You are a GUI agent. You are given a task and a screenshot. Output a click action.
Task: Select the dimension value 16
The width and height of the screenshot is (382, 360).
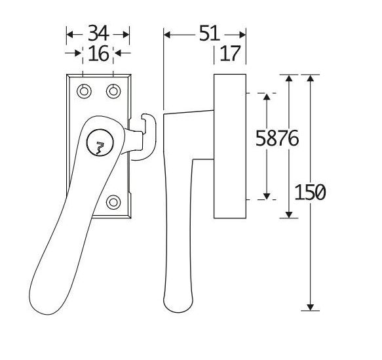coord(98,54)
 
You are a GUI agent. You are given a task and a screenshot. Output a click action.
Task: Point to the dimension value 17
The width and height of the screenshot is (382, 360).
coord(230,54)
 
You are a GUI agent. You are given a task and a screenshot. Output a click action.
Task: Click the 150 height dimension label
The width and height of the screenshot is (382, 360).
coord(310,193)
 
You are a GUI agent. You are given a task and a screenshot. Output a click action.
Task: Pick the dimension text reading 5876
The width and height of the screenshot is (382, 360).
coord(277,139)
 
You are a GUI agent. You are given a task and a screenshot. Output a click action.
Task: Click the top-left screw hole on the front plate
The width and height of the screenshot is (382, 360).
coord(84,90)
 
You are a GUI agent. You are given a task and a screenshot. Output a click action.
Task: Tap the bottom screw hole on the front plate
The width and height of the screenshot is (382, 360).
coord(113,202)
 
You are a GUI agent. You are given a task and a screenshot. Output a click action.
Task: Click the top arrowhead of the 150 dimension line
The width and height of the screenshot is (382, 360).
coord(311,79)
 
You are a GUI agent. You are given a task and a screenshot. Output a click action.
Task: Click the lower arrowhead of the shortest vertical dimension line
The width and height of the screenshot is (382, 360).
coord(267,195)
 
